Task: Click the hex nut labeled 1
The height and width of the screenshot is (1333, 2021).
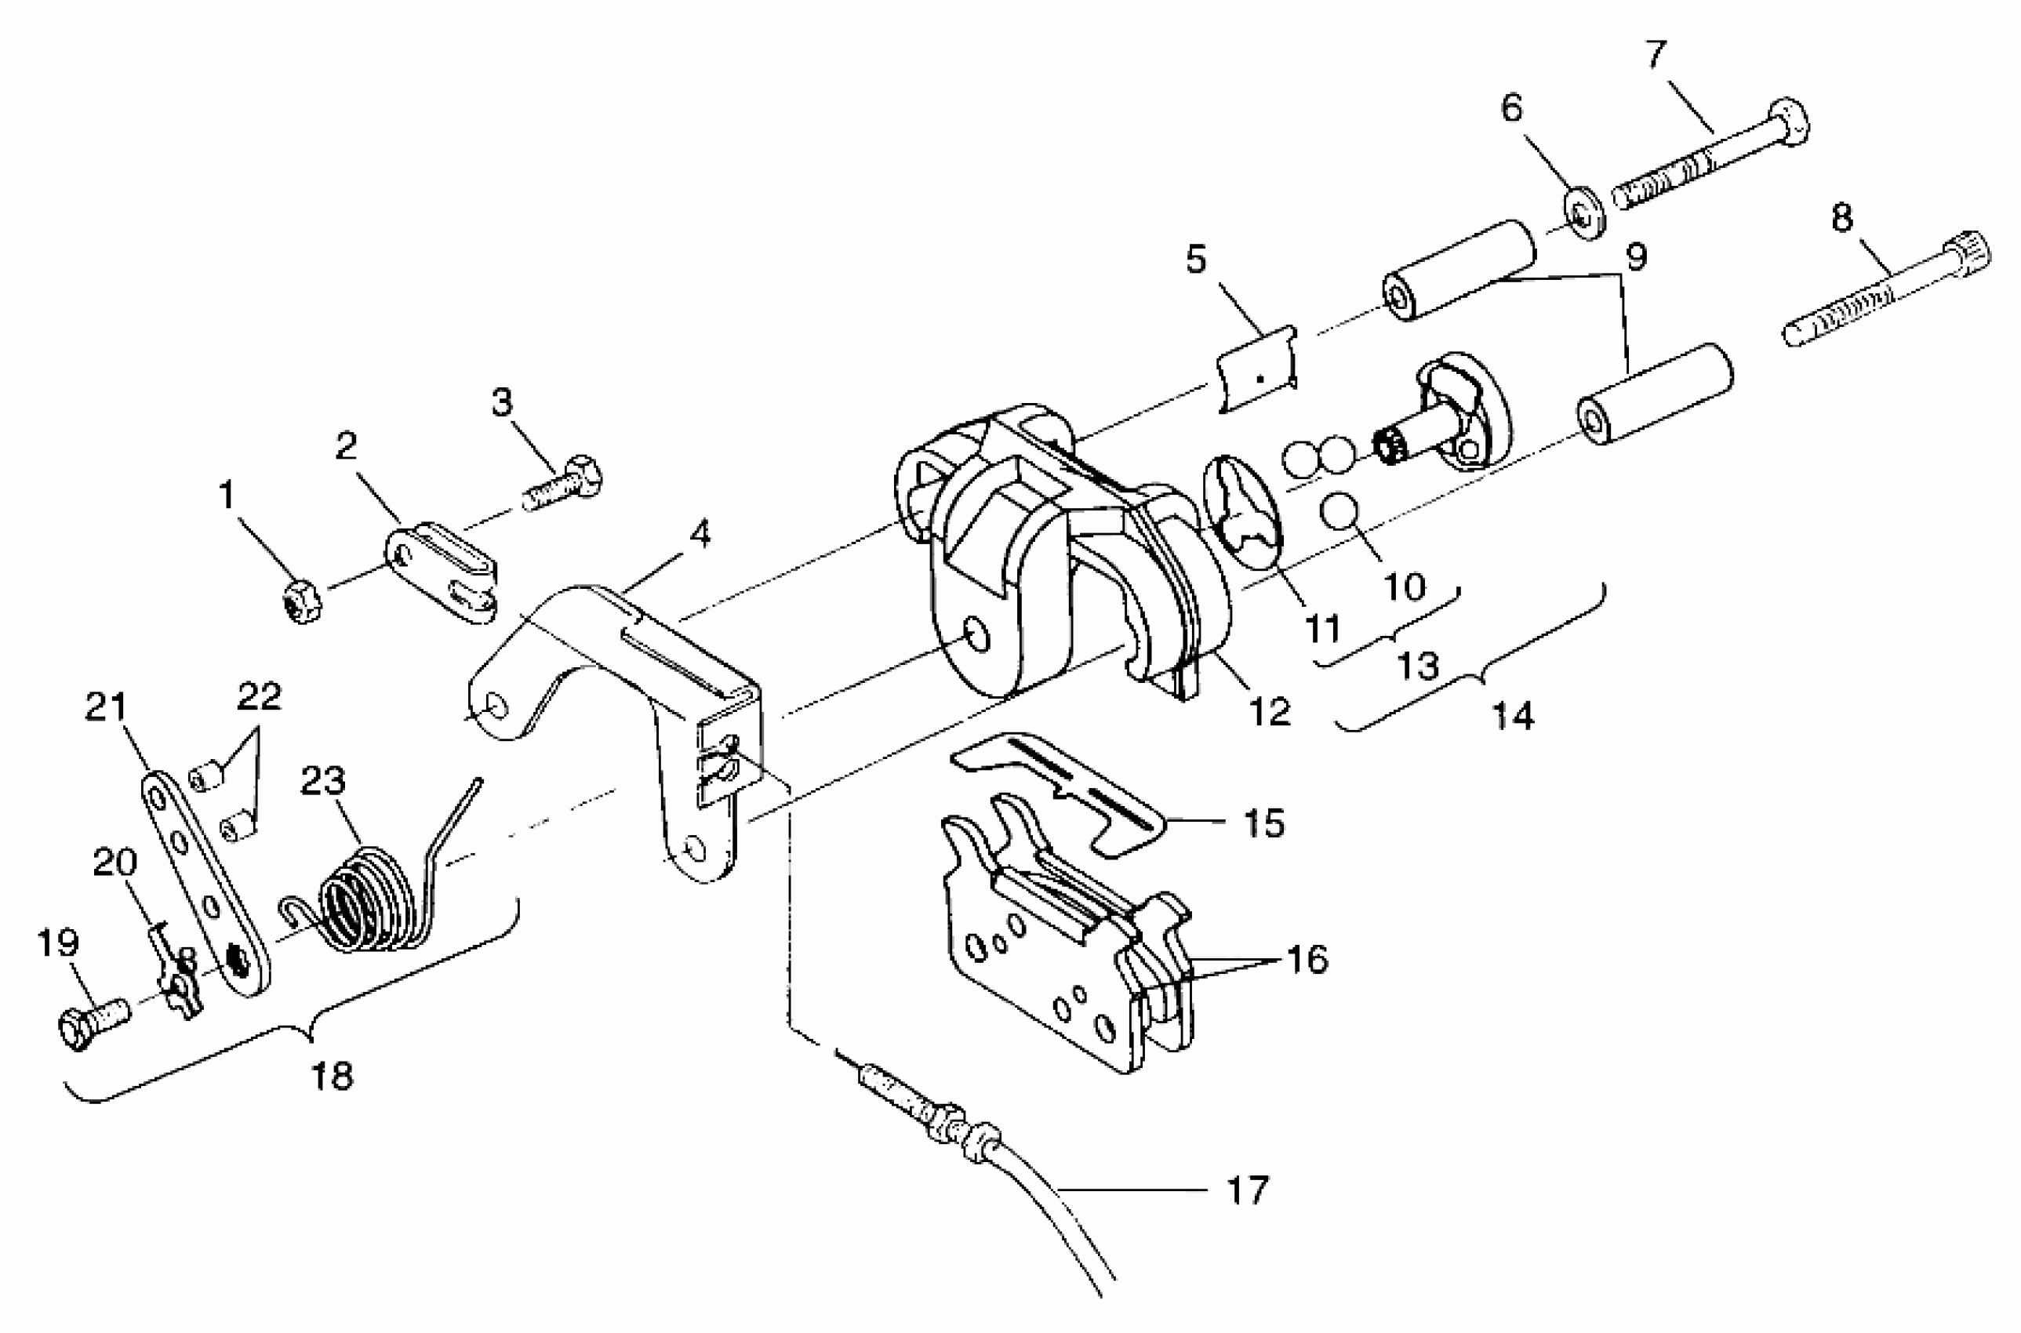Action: coord(301,604)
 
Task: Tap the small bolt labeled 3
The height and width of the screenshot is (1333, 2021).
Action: coord(563,483)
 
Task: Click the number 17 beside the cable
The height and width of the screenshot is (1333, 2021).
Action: coord(1247,1190)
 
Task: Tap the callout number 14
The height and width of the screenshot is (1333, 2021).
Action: coord(1514,716)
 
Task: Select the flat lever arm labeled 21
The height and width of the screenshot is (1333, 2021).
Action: coord(204,884)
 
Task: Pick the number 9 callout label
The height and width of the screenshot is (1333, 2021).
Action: coord(1634,256)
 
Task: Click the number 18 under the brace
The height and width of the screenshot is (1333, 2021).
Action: coord(332,1077)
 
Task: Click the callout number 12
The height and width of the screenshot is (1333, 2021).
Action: coord(1270,710)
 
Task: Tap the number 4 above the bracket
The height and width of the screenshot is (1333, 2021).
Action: coord(699,534)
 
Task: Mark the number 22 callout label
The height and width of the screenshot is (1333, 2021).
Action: coord(260,697)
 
